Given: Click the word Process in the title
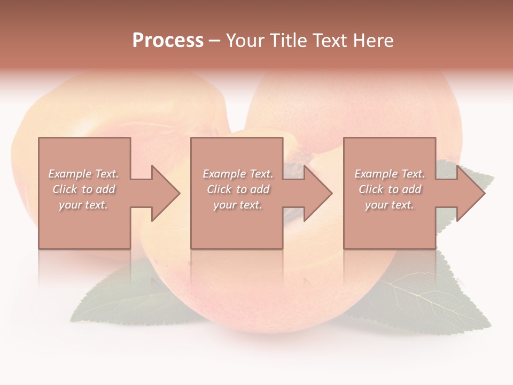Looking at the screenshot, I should click(168, 41).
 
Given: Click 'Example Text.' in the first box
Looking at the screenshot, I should click(84, 174).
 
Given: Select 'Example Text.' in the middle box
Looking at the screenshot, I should click(238, 174).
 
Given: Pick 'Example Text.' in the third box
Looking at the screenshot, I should click(390, 174).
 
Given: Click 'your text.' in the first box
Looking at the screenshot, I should click(83, 205).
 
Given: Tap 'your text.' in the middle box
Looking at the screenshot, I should click(238, 205).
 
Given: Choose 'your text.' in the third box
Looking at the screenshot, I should click(390, 205).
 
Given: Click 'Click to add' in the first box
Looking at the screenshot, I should click(84, 189).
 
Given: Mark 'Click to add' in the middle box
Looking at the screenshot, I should click(238, 189).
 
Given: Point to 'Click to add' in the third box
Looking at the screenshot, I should click(390, 189).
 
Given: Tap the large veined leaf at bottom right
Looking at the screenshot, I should click(428, 299).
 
